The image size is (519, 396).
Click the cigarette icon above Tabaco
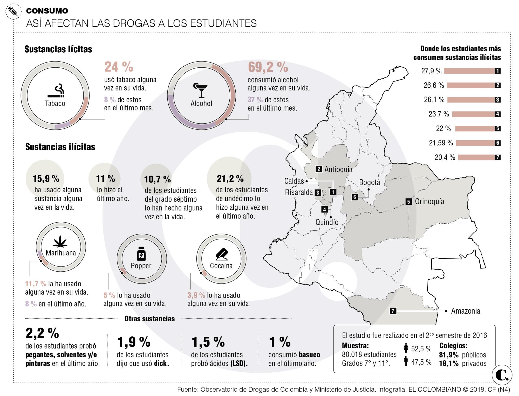(x=56, y=91)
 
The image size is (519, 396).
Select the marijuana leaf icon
(x=60, y=241)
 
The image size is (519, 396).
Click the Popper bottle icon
(x=141, y=253)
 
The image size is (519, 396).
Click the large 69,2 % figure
(x=268, y=67)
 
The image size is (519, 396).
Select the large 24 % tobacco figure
(x=119, y=67)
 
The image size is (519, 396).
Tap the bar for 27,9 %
(x=469, y=71)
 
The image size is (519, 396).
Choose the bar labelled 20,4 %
(x=476, y=157)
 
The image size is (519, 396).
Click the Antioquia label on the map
(x=338, y=169)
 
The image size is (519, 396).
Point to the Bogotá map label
(x=370, y=182)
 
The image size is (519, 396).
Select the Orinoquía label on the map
(x=429, y=201)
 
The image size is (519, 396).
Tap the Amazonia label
(x=466, y=311)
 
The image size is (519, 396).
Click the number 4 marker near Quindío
(x=325, y=209)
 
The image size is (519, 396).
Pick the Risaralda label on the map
(x=299, y=192)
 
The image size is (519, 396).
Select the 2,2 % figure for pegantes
(x=42, y=333)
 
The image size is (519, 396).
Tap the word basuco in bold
(x=309, y=355)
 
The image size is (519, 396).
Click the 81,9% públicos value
(x=449, y=355)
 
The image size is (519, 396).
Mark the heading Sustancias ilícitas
(x=60, y=147)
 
